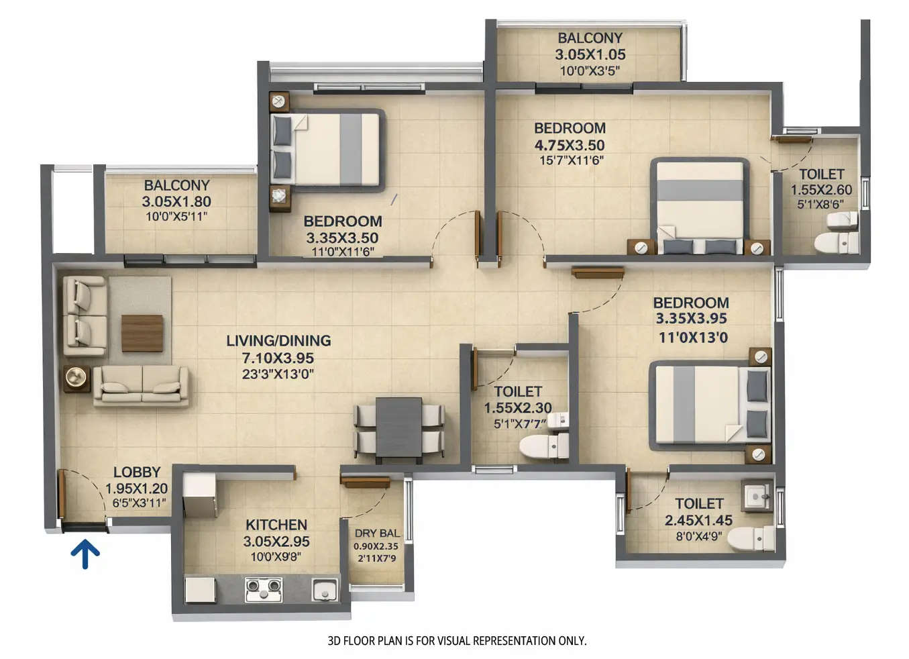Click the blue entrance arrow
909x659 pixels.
pos(85,554)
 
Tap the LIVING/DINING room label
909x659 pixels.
pos(278,341)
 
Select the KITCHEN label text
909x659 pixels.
pos(276,525)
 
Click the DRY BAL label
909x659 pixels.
pos(376,534)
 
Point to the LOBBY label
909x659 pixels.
pos(136,472)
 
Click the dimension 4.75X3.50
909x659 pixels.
pos(569,145)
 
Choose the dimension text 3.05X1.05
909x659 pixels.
pos(590,55)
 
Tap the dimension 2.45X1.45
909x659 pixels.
pos(698,520)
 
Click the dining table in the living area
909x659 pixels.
pos(398,430)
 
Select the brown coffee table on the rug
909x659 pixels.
pos(142,333)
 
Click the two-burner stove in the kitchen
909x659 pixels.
pos(263,589)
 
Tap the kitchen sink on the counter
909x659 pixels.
pos(325,590)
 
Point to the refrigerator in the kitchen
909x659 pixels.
pos(199,495)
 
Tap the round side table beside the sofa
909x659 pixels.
pos(76,378)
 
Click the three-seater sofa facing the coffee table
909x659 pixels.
pos(141,387)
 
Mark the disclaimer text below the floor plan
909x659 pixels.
pos(457,641)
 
